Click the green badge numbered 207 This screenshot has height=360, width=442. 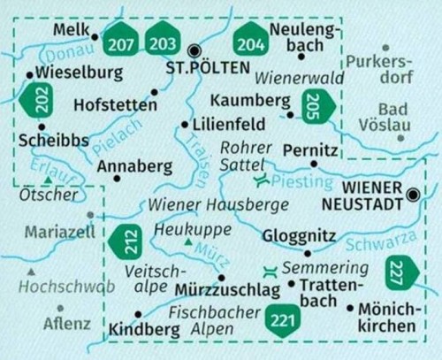pyautogui.click(x=123, y=43)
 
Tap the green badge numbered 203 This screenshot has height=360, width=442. pyautogui.click(x=162, y=43)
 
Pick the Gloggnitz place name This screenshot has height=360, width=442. pyautogui.click(x=299, y=236)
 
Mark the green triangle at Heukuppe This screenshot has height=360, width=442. pyautogui.click(x=187, y=241)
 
